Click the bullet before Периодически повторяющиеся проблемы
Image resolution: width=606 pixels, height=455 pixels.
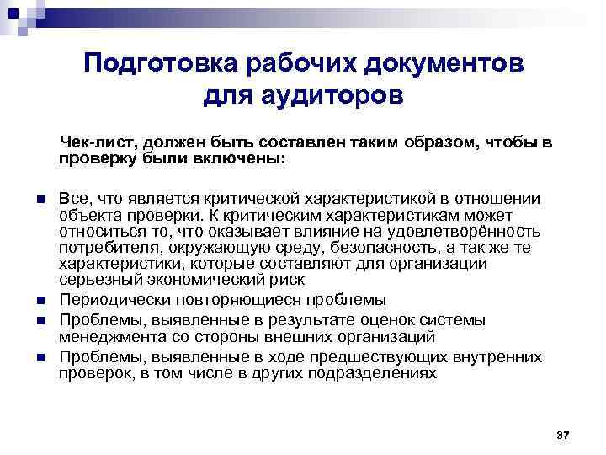pos(39,301)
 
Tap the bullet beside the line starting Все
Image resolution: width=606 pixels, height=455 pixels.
pos(39,200)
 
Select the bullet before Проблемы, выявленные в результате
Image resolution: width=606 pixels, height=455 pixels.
pos(39,320)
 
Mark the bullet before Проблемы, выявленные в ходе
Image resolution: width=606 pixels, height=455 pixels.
pos(39,357)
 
